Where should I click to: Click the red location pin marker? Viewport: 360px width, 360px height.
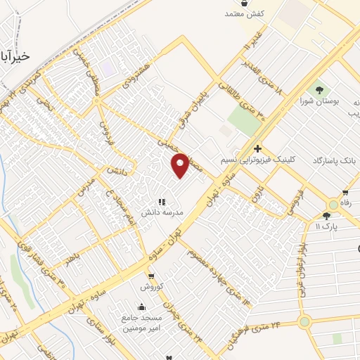[x=181, y=165]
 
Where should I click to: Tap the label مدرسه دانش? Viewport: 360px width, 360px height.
[x=163, y=212]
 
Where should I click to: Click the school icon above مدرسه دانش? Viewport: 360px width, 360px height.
[x=162, y=202]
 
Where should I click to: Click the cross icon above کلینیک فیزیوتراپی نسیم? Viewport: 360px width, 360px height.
[x=258, y=149]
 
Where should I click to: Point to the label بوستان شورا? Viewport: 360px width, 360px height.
[x=320, y=101]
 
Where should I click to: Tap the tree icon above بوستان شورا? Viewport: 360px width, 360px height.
[x=320, y=90]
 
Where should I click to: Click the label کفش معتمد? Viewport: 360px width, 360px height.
[x=244, y=13]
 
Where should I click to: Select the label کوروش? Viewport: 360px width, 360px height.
[x=151, y=286]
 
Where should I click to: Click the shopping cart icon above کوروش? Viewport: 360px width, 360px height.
[x=151, y=276]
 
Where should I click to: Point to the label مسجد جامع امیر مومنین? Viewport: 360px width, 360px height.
[x=143, y=323]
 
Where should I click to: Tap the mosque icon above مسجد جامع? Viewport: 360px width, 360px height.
[x=142, y=307]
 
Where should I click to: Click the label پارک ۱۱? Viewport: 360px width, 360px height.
[x=327, y=226]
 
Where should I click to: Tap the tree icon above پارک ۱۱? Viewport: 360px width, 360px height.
[x=326, y=216]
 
